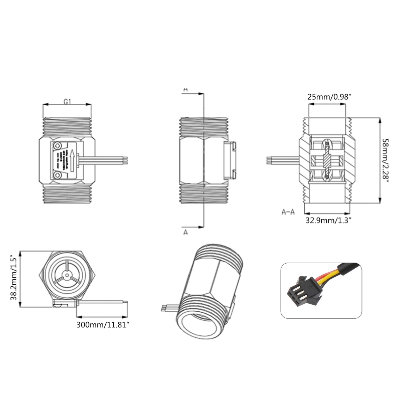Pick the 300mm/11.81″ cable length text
pyautogui.click(x=103, y=324)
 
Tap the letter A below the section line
pyautogui.click(x=186, y=232)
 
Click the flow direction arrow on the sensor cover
pyautogui.click(x=72, y=160)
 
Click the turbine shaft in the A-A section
pyautogui.click(x=327, y=160)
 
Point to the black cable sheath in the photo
pyautogui.click(x=349, y=268)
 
